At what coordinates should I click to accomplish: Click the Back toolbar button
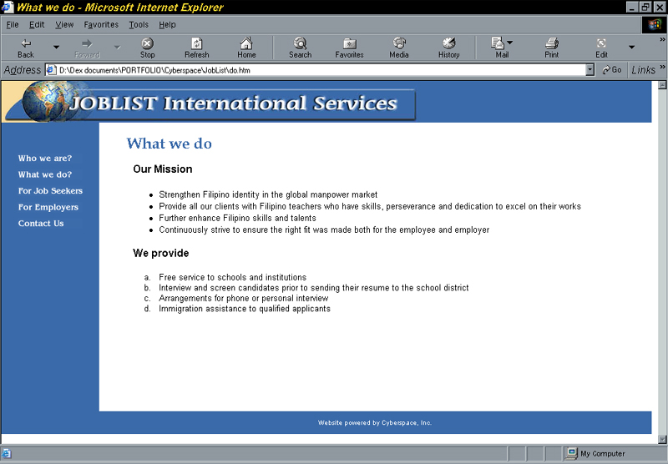[x=26, y=48]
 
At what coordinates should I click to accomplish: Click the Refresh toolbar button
[x=197, y=48]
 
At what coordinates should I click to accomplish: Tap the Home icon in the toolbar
[x=246, y=43]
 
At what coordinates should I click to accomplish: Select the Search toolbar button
[x=301, y=48]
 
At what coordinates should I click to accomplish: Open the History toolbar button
[x=449, y=48]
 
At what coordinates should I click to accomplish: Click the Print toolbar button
[x=552, y=48]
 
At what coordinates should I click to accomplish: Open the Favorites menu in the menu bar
[x=101, y=25]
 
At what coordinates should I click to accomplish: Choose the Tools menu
[x=139, y=25]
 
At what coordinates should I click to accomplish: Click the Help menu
[x=168, y=25]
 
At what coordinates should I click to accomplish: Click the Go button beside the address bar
[x=612, y=70]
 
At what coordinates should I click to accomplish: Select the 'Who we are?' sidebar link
[x=45, y=159]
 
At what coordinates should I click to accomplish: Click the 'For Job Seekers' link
[x=50, y=191]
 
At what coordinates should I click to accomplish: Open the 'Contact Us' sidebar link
[x=41, y=224]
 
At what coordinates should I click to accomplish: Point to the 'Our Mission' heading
[x=163, y=169]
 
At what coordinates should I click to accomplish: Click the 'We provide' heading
[x=161, y=254]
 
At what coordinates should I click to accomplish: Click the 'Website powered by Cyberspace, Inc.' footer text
[x=375, y=423]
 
